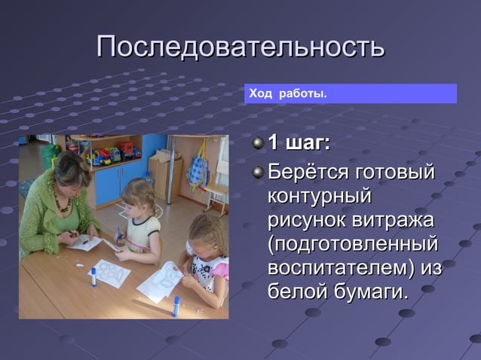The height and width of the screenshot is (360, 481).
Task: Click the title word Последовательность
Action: click(240, 47)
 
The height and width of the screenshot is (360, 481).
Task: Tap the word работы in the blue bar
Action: click(302, 94)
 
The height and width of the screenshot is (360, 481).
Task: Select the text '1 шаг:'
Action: click(300, 143)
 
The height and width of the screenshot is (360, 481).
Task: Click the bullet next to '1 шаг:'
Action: click(258, 143)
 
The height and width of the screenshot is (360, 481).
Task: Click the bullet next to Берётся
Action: click(258, 172)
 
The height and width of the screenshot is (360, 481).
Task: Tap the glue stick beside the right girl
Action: click(175, 305)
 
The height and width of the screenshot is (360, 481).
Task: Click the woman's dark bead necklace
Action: click(63, 203)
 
